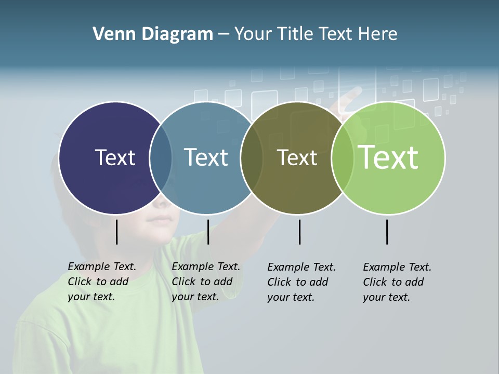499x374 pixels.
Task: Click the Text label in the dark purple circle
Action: [x=115, y=157]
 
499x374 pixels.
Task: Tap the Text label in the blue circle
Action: [x=206, y=157]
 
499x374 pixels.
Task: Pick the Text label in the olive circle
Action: [x=297, y=157]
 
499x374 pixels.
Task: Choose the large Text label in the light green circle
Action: [x=388, y=157]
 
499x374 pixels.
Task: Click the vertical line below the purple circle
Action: [x=116, y=232]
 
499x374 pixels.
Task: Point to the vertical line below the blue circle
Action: [x=208, y=232]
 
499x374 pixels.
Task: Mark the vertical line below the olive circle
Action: [x=299, y=232]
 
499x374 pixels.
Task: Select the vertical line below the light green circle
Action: [x=387, y=232]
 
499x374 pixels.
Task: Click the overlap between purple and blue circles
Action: [x=161, y=158]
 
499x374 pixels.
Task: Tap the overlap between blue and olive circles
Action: [x=252, y=158]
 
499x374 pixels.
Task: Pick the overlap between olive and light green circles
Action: [x=343, y=158]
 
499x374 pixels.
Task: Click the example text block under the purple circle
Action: [x=102, y=282]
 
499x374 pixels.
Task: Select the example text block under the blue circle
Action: [x=206, y=282]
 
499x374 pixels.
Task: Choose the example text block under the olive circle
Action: [x=301, y=282]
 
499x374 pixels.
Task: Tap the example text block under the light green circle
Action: [x=397, y=282]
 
